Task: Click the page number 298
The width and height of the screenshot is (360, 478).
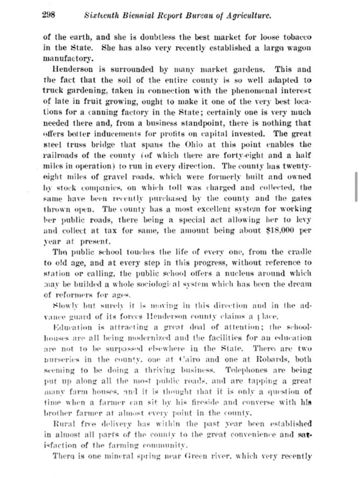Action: click(x=48, y=14)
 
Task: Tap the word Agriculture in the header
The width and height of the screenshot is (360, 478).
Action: click(x=249, y=15)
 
